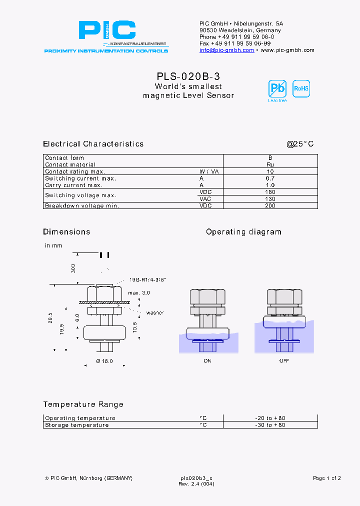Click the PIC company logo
tap(107, 31)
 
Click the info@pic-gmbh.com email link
tap(226, 50)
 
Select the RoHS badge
tap(301, 88)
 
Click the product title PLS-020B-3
tap(188, 76)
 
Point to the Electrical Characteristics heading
tap(93, 144)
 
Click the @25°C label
tap(300, 144)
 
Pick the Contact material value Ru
tap(270, 164)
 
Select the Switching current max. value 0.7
tap(270, 178)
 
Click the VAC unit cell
tap(205, 199)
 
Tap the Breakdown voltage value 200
tap(270, 205)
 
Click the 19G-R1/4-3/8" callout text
tap(147, 280)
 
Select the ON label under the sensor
tap(207, 360)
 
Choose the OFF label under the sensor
tap(284, 360)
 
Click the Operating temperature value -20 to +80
tap(270, 418)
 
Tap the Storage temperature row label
tap(76, 425)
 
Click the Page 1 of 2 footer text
tap(326, 478)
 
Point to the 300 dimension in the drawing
tap(73, 268)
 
